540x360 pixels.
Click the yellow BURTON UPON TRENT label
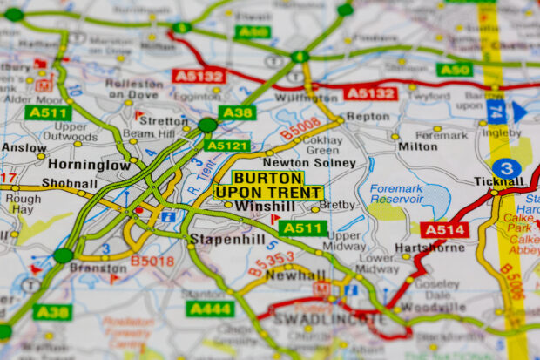pos(268,185)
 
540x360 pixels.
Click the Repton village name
pos(368,116)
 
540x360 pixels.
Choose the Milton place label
pos(418,146)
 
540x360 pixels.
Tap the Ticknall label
pos(498,180)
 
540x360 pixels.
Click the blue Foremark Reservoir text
pos(396,194)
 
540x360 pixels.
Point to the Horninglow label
pos(89,164)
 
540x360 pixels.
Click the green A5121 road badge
pos(226,146)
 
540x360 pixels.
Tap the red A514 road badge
pos(444,230)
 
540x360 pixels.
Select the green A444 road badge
pos(210,309)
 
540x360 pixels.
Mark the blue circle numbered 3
pos(506,168)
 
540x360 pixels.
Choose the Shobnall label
pos(71,183)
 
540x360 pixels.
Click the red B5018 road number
pos(152,260)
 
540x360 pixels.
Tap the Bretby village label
pos(339,206)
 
